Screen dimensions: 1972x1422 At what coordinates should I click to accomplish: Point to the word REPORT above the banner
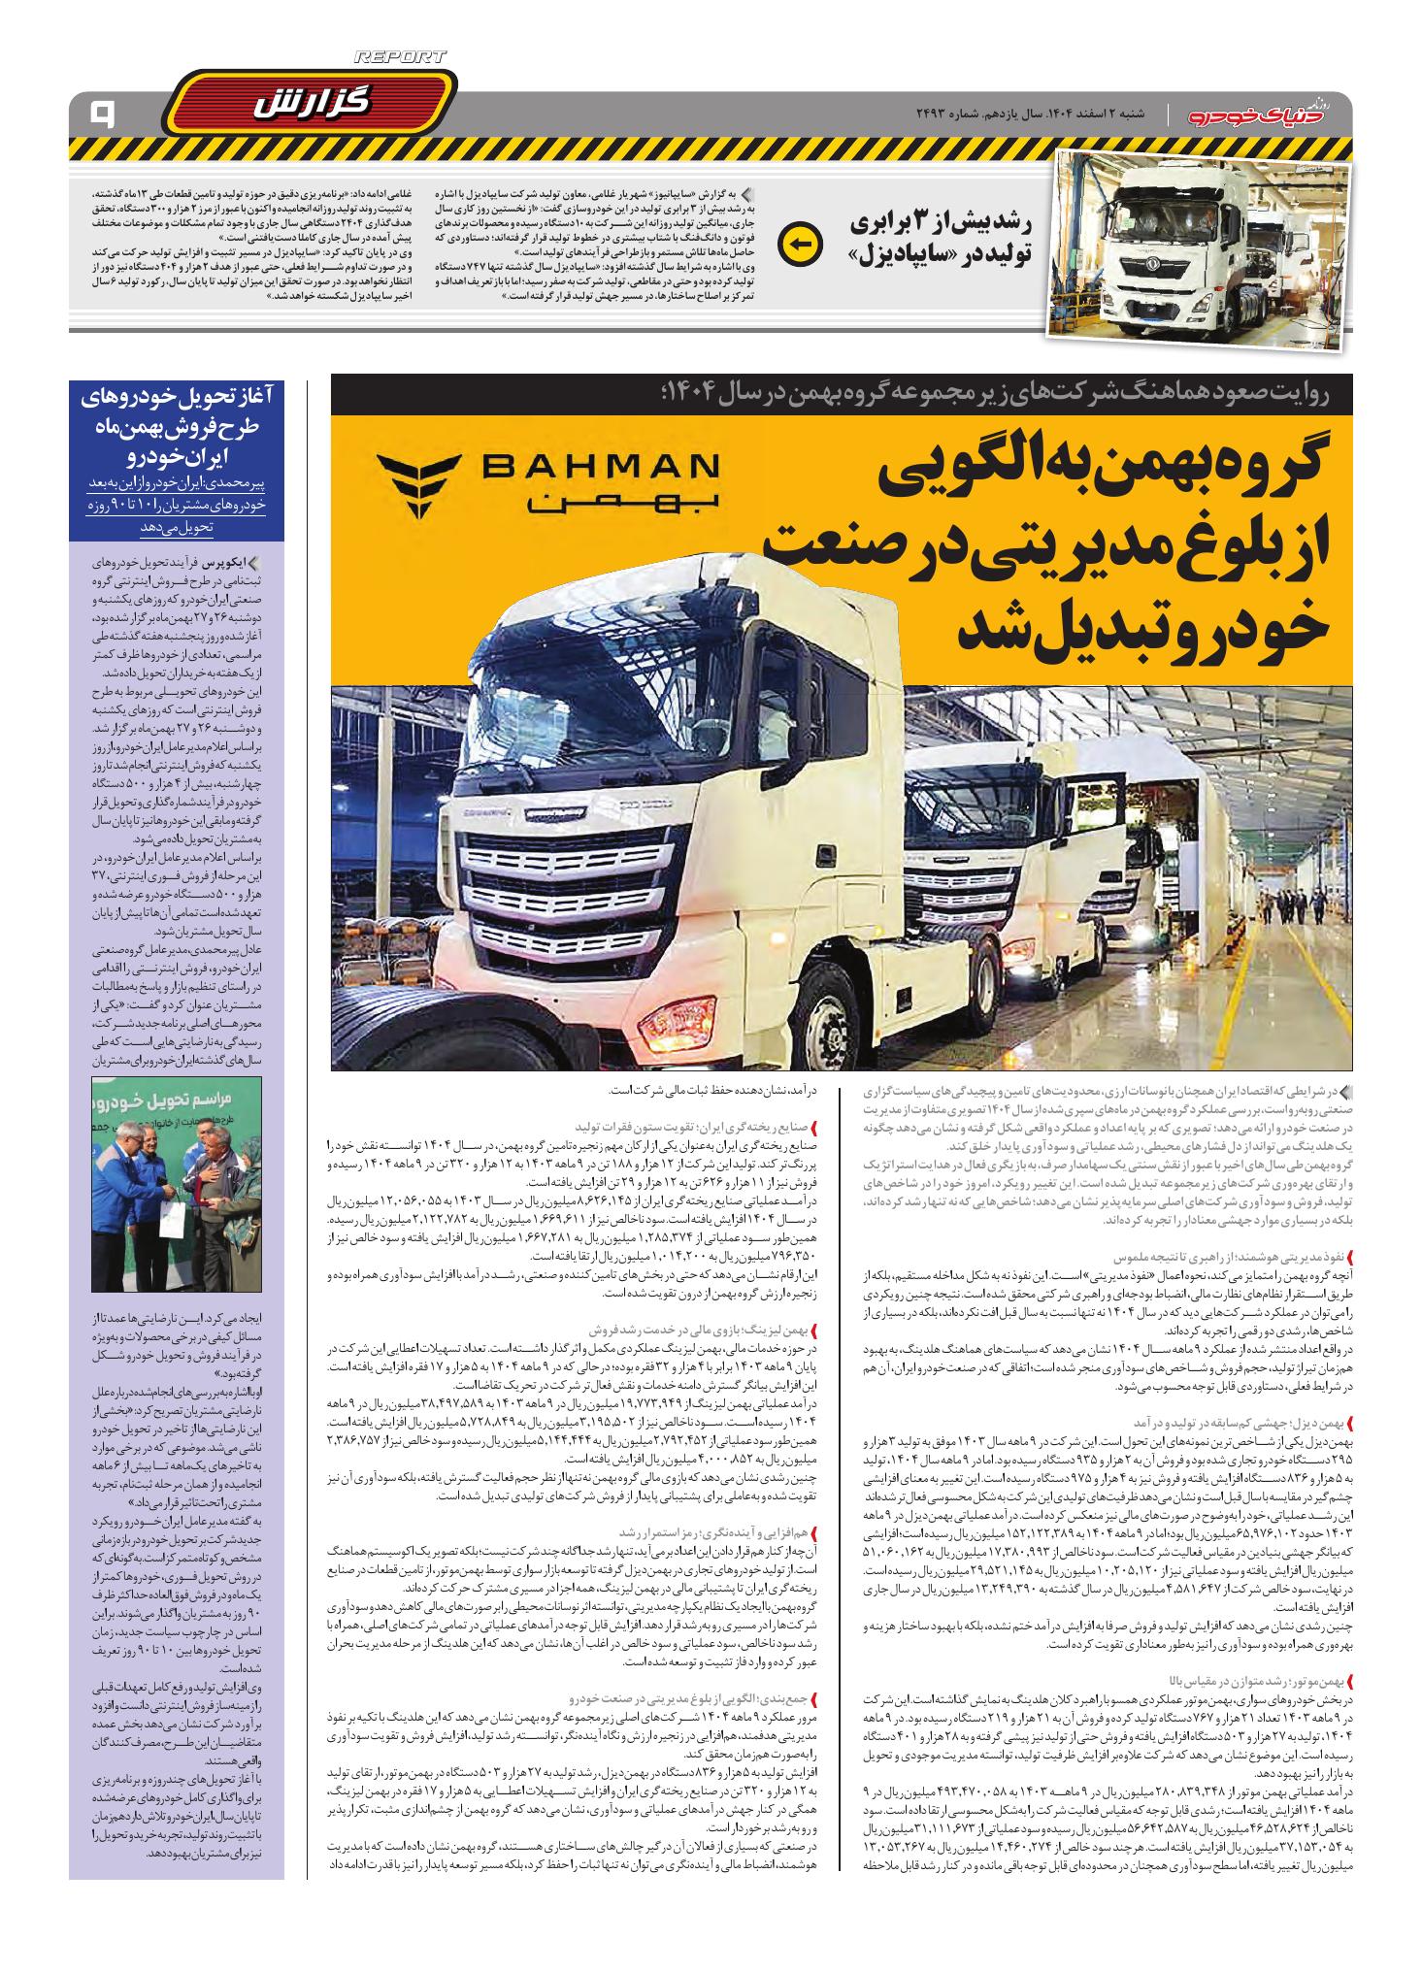[400, 58]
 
